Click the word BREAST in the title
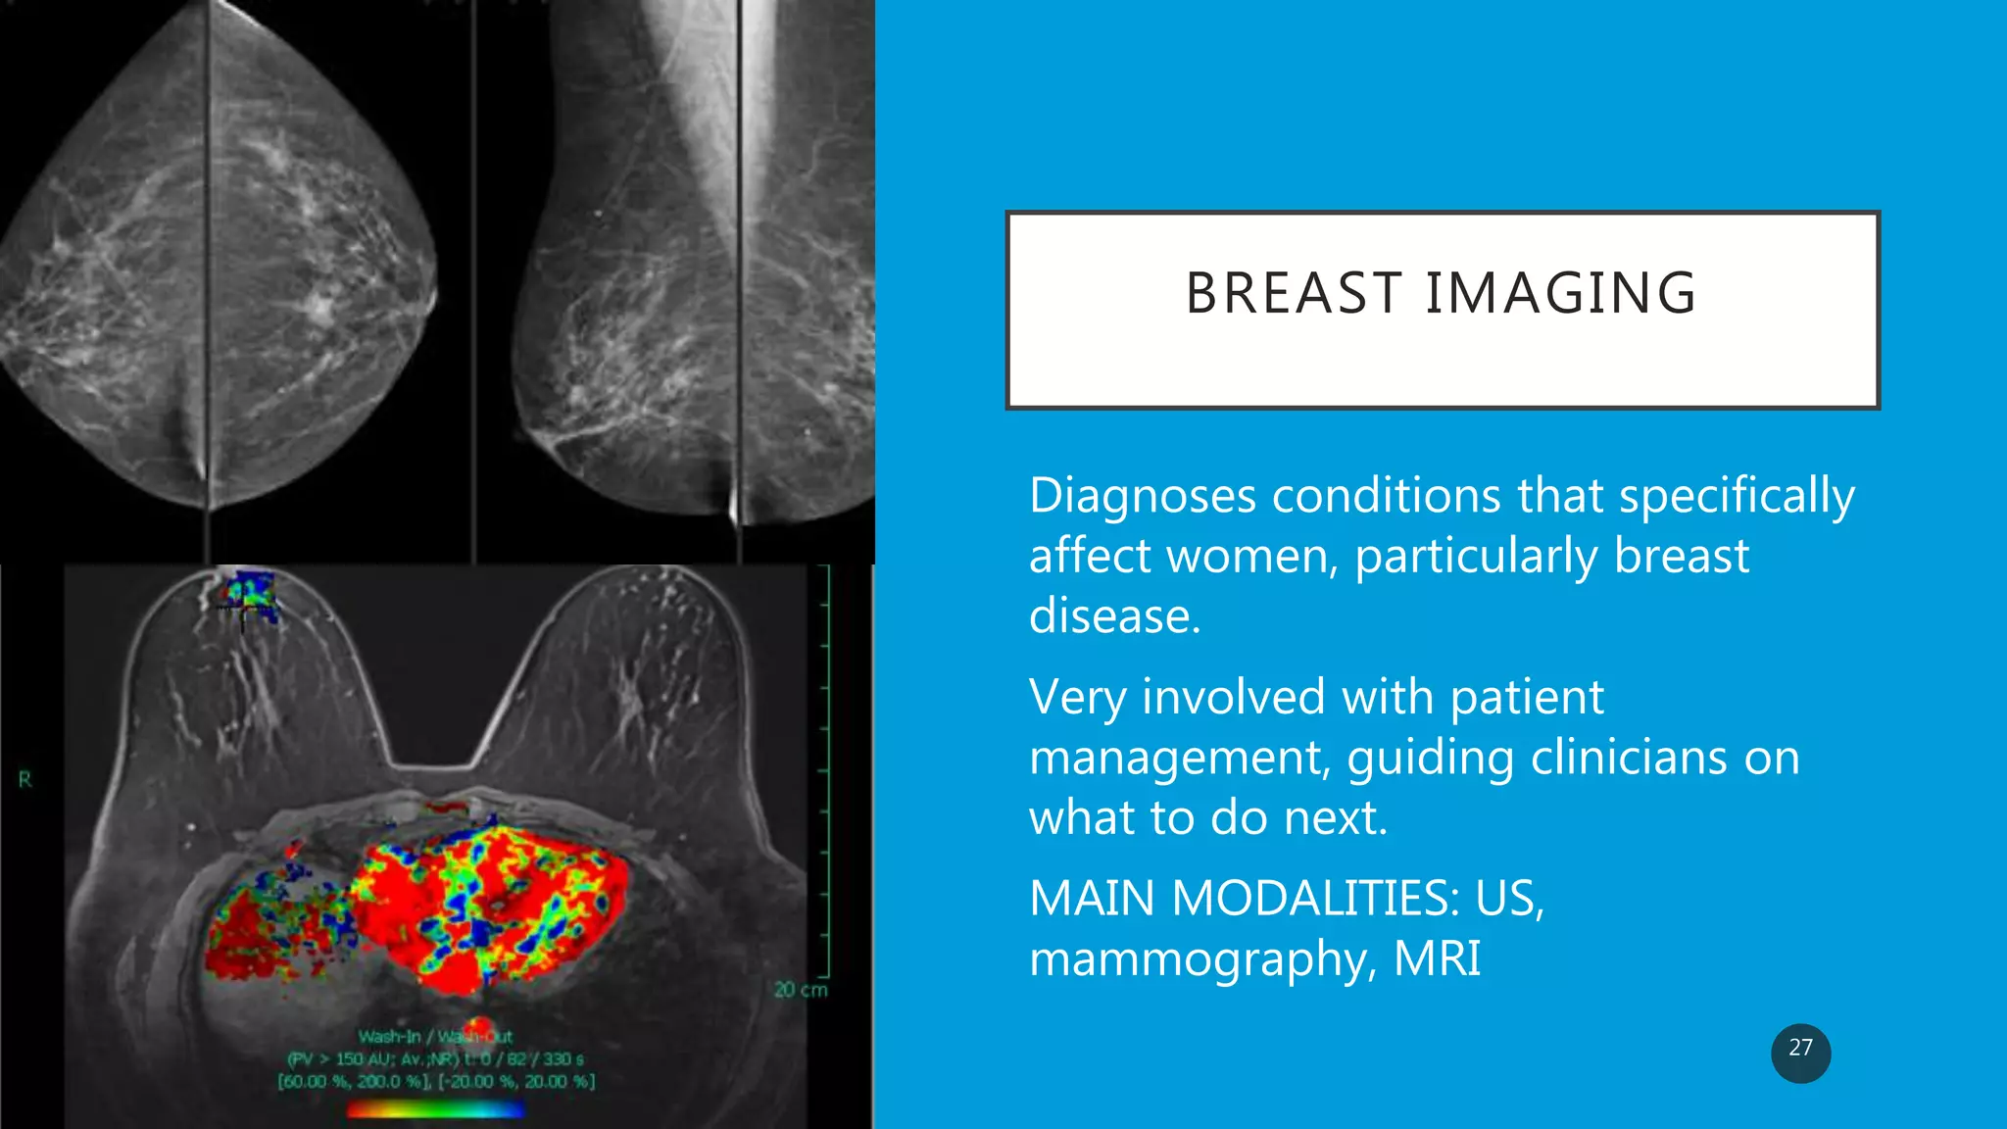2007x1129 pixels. pos(1294,293)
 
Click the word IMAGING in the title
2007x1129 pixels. pos(1560,293)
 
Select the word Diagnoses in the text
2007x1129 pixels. pos(1142,496)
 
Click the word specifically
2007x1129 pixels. pos(1737,496)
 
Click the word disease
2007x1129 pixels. pos(1114,616)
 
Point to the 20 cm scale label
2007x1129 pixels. pos(801,990)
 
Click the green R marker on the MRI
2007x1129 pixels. pos(25,780)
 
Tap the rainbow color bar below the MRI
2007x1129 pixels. pos(436,1109)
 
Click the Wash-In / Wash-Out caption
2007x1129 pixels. pos(435,1036)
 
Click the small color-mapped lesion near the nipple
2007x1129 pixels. pos(248,596)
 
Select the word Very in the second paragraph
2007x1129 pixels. pos(1077,698)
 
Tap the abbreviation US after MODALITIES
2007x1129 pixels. pos(1509,898)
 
